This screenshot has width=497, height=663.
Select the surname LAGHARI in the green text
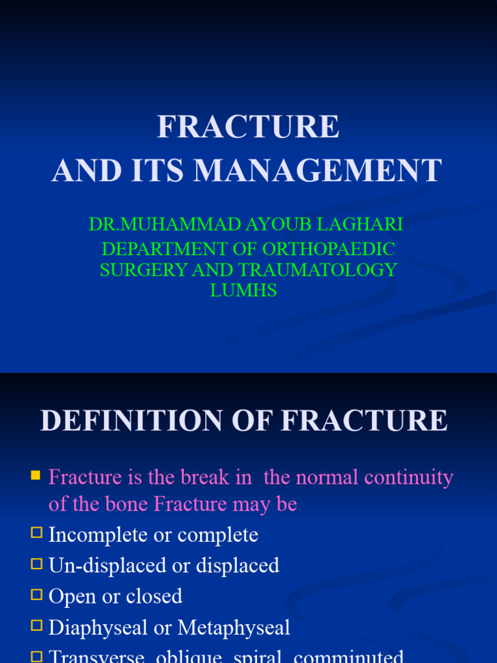coord(364,225)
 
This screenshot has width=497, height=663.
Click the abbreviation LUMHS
coord(243,291)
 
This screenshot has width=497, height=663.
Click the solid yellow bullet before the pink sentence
coord(36,477)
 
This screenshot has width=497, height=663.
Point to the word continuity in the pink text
coord(409,478)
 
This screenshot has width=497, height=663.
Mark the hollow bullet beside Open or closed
coord(36,596)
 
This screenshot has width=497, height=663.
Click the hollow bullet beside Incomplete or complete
coord(36,534)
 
